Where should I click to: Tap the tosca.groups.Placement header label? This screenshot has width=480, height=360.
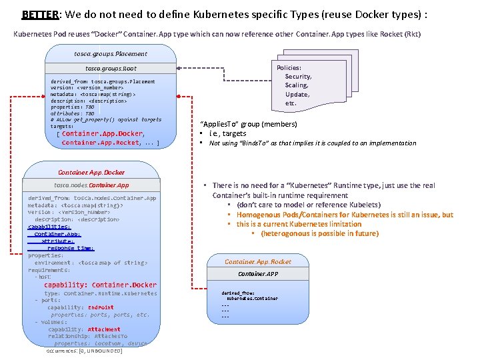click(111, 53)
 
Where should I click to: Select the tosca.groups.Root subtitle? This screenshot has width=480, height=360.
click(111, 68)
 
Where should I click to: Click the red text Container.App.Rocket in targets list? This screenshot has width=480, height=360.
click(101, 142)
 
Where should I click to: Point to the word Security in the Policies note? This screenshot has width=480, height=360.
click(298, 77)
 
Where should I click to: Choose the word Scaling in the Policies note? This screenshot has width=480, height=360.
click(297, 85)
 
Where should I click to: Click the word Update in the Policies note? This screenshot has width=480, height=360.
click(297, 95)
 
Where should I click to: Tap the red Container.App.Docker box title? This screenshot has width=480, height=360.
click(92, 173)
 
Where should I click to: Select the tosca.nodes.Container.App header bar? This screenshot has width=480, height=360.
click(92, 185)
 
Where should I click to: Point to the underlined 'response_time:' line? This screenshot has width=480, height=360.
click(70, 248)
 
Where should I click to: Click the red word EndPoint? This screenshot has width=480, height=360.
click(101, 307)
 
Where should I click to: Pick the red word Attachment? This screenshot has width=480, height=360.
click(104, 329)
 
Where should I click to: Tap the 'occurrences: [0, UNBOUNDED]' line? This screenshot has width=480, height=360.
click(84, 351)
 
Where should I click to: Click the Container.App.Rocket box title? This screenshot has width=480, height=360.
click(258, 262)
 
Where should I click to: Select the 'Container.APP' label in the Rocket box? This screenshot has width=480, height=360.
click(258, 273)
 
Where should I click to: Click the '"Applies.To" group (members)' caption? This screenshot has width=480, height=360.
click(249, 124)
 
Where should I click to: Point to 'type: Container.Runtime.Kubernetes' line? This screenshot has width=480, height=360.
click(101, 293)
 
